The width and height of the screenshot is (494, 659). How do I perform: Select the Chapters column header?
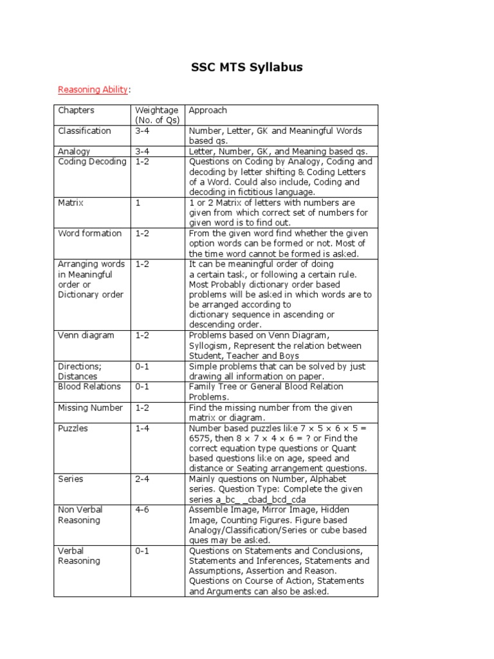pyautogui.click(x=76, y=110)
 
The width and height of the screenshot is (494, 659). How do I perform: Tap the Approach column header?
pyautogui.click(x=208, y=110)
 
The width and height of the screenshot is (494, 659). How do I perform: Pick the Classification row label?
pyautogui.click(x=84, y=131)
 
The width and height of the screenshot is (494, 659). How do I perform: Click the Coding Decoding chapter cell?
pyautogui.click(x=92, y=162)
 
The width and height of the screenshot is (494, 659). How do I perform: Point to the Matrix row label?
pyautogui.click(x=71, y=203)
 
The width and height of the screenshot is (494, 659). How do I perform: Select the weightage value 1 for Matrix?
pyautogui.click(x=137, y=203)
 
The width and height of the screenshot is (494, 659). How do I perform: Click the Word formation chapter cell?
pyautogui.click(x=89, y=233)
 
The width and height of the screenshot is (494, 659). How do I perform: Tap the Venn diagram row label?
pyautogui.click(x=86, y=335)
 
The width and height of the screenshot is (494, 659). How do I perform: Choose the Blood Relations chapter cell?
pyautogui.click(x=89, y=386)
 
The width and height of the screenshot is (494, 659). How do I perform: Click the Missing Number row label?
pyautogui.click(x=90, y=407)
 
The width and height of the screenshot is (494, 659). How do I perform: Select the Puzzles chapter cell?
pyautogui.click(x=73, y=428)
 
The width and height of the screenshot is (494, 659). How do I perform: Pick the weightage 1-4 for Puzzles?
pyautogui.click(x=142, y=428)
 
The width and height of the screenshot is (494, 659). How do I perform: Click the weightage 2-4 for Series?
pyautogui.click(x=142, y=479)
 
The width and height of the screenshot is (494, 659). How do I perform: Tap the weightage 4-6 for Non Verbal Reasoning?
pyautogui.click(x=142, y=509)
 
